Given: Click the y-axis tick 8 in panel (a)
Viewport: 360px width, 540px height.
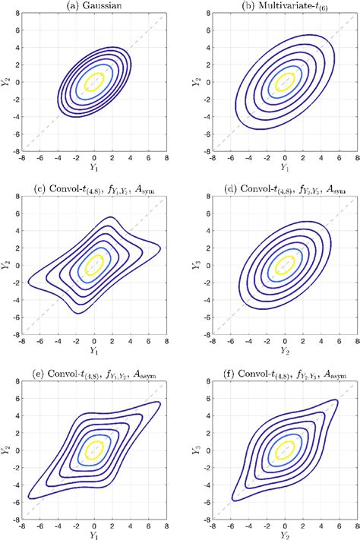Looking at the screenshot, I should pyautogui.click(x=19, y=16).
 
